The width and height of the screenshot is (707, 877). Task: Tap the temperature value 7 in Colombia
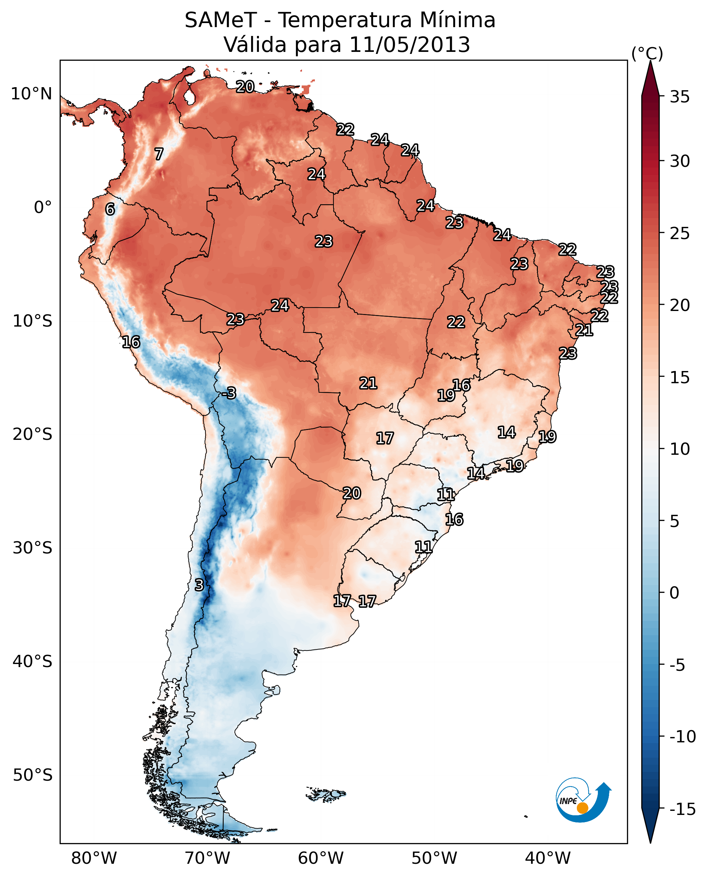159,154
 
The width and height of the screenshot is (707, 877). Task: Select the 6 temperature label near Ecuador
110,209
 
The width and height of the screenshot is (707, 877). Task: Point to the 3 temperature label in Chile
199,585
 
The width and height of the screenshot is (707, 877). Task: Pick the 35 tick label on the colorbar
680,97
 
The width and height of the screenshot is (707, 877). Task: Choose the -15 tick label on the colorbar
683,810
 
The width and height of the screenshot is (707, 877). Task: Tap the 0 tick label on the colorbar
674,593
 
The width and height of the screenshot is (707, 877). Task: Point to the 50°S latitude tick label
33,775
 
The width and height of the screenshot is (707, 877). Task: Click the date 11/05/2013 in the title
410,44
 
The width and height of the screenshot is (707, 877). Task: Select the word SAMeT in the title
221,20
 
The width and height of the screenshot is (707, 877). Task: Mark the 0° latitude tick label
43,208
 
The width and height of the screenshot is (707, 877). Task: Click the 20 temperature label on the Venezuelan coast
245,87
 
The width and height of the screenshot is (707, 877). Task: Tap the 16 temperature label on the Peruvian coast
131,342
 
